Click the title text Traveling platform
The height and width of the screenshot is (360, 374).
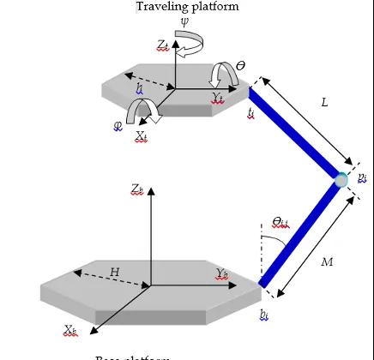pyautogui.click(x=186, y=7)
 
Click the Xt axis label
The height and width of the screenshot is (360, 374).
pyautogui.click(x=142, y=135)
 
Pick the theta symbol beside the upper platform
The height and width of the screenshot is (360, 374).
pyautogui.click(x=240, y=65)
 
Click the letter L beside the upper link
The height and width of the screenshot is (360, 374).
pyautogui.click(x=324, y=102)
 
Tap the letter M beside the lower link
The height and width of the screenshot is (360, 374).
pyautogui.click(x=327, y=261)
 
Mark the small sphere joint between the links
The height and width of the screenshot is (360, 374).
pyautogui.click(x=341, y=179)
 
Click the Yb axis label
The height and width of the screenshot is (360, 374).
pyautogui.click(x=222, y=274)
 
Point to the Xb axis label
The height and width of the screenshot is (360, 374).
pyautogui.click(x=71, y=329)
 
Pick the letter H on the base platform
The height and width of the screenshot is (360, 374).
pyautogui.click(x=114, y=272)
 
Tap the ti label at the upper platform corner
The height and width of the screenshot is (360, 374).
pyautogui.click(x=250, y=111)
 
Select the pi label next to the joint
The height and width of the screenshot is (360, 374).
pyautogui.click(x=362, y=177)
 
